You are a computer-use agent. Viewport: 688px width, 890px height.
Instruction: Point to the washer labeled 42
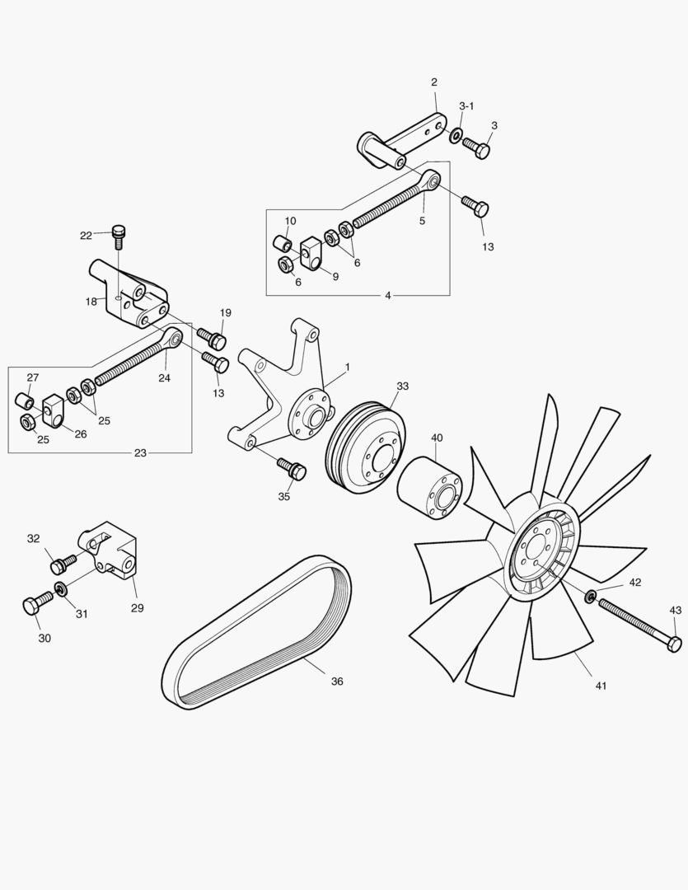pos(591,595)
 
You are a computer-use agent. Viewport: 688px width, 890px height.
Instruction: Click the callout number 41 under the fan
pos(600,686)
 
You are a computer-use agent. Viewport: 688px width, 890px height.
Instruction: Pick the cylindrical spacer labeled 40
pos(428,489)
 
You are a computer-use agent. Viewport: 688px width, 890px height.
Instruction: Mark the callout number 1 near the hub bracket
pos(348,367)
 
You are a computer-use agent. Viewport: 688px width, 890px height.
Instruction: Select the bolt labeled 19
pos(215,339)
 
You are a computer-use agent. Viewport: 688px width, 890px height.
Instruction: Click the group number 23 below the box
pos(140,452)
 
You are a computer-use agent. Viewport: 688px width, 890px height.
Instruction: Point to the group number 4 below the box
pos(388,295)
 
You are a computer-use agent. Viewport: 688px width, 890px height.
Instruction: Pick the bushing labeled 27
pos(26,402)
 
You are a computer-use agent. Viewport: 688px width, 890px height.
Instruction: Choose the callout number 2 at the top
pos(434,82)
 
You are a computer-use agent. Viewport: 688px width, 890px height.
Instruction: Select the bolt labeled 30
pos(31,606)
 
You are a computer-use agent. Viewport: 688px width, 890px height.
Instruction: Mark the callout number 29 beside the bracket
pos(137,608)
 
